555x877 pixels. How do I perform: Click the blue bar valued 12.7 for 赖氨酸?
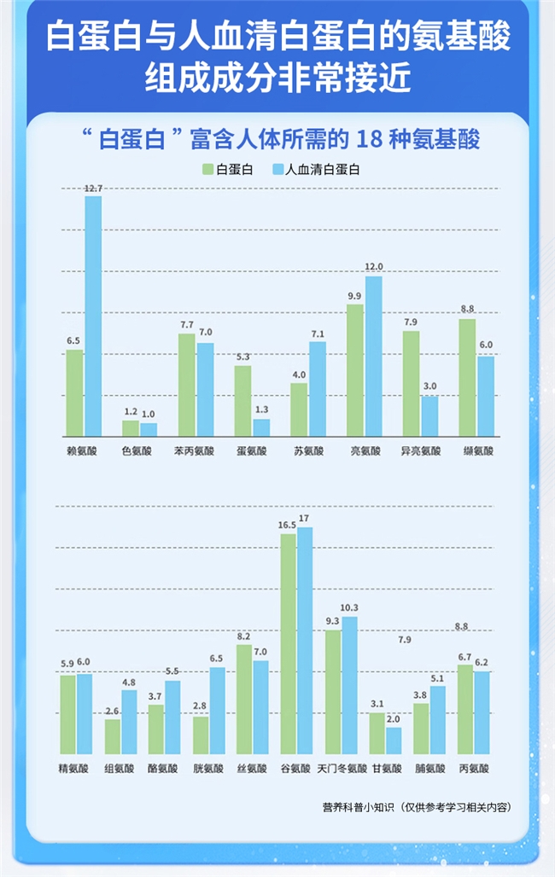[92, 316]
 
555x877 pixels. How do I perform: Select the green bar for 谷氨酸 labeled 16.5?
[288, 644]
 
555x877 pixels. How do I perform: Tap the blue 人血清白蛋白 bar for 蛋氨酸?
[260, 427]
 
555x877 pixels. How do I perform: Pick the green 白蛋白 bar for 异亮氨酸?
[411, 384]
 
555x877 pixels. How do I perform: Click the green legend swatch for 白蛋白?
[207, 169]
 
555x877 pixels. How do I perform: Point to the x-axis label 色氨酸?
[137, 450]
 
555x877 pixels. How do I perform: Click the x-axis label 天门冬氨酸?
[342, 769]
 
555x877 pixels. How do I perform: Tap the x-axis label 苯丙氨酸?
[195, 450]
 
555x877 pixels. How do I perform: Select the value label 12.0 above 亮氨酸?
[374, 267]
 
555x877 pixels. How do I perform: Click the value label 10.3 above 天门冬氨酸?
[349, 607]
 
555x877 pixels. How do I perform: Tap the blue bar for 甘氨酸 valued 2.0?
[394, 741]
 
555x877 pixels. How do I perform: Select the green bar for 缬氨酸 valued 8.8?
[467, 378]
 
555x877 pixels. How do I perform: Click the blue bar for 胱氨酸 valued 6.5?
[218, 711]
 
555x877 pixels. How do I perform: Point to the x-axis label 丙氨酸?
[475, 769]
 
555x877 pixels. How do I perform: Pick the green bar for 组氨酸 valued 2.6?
[113, 737]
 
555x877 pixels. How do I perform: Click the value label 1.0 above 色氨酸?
[149, 414]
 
